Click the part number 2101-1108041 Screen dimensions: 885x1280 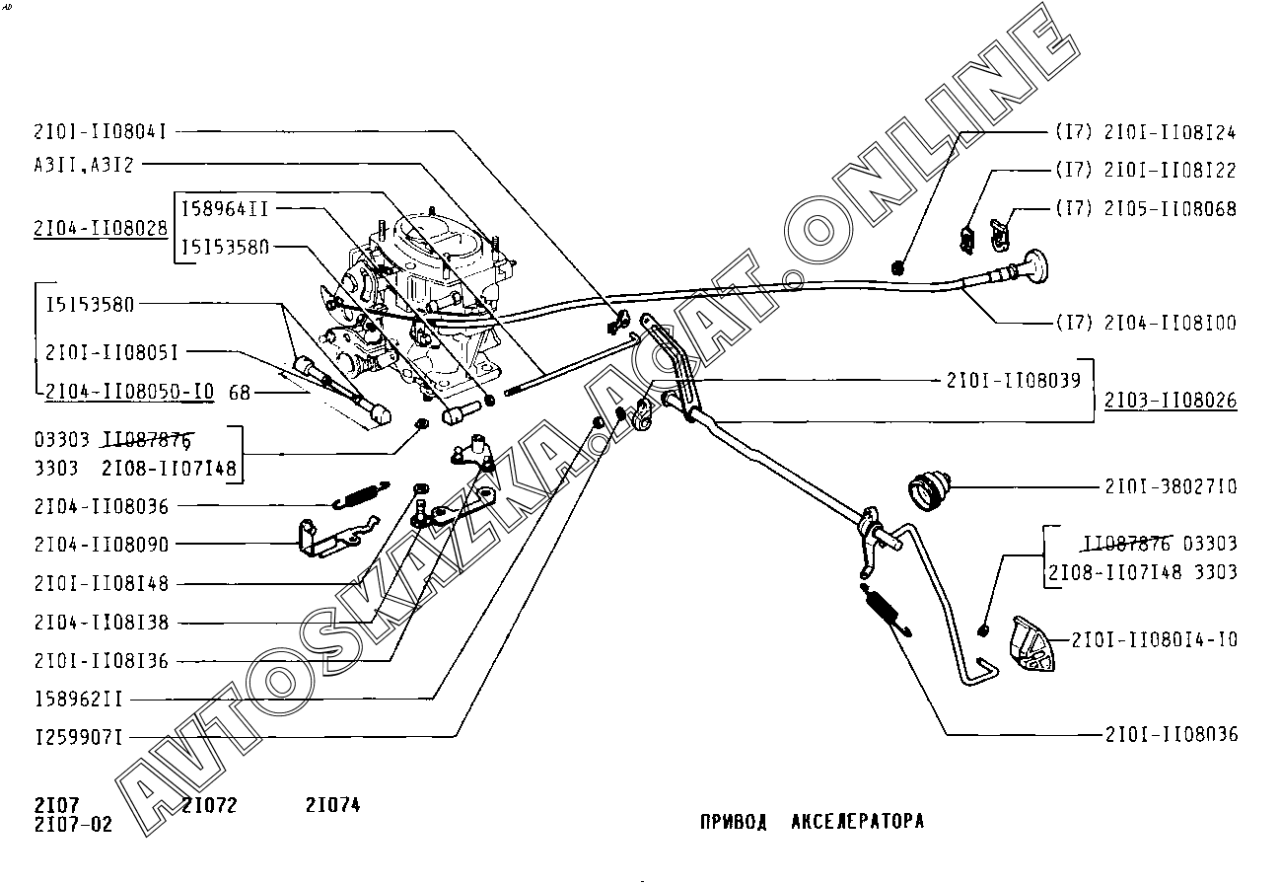99,130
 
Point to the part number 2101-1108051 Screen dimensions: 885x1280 111,351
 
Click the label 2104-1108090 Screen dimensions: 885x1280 101,544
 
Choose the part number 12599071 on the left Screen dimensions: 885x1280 78,737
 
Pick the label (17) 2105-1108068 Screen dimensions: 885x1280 1145,209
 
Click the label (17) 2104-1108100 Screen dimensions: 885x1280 1145,323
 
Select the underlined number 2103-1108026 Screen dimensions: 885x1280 1171,401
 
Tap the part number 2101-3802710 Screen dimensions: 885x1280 1171,486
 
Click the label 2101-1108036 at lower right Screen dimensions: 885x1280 1171,734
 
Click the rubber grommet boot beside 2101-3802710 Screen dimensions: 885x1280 930,488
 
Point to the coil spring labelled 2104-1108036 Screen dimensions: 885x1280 361,494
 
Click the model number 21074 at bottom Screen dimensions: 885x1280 332,805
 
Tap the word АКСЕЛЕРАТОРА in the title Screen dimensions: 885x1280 857,821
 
